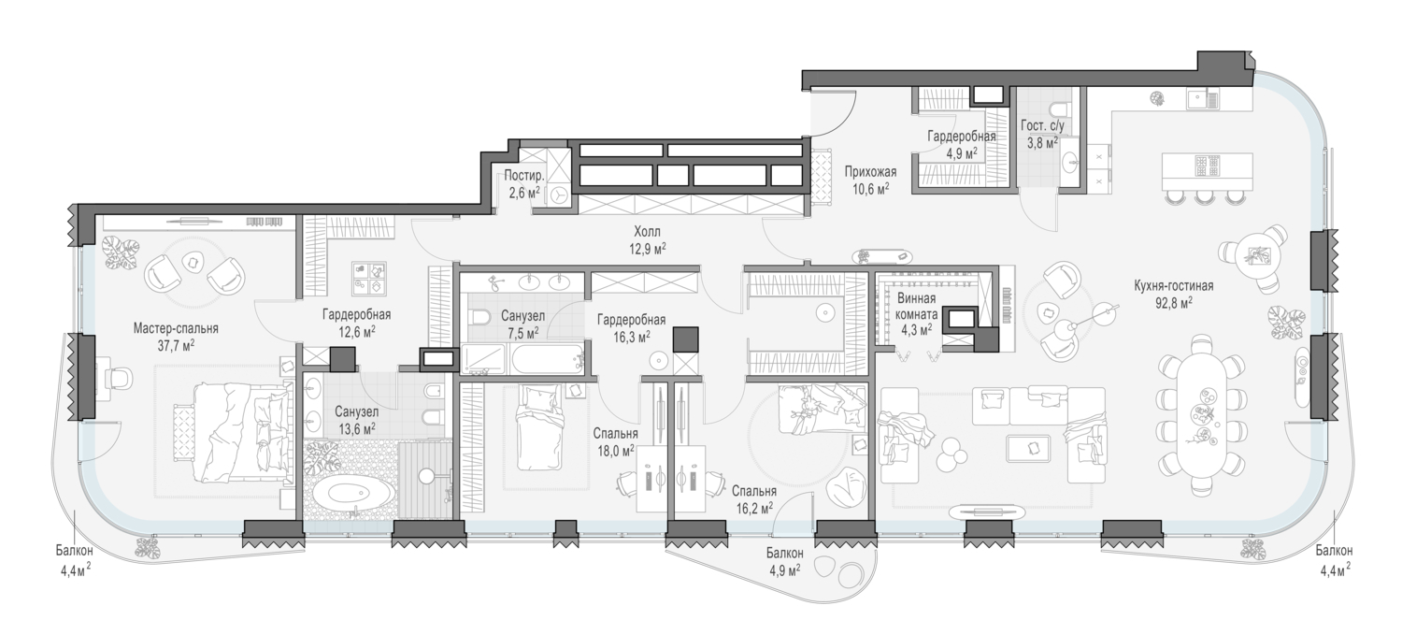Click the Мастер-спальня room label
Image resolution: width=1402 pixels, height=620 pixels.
176,328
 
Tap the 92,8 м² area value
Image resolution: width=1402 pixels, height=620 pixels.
1174,303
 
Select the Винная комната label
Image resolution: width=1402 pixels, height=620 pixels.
917,306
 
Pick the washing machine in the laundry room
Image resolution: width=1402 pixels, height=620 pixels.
558,196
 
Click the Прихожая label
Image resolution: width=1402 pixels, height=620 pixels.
870,171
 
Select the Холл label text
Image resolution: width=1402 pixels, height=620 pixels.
647,232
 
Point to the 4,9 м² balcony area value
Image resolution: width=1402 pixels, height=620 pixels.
785,570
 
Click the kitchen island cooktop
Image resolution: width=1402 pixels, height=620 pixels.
1208,166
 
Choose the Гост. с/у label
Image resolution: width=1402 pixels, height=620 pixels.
1042,125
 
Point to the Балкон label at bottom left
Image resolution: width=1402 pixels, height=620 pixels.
74,551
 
